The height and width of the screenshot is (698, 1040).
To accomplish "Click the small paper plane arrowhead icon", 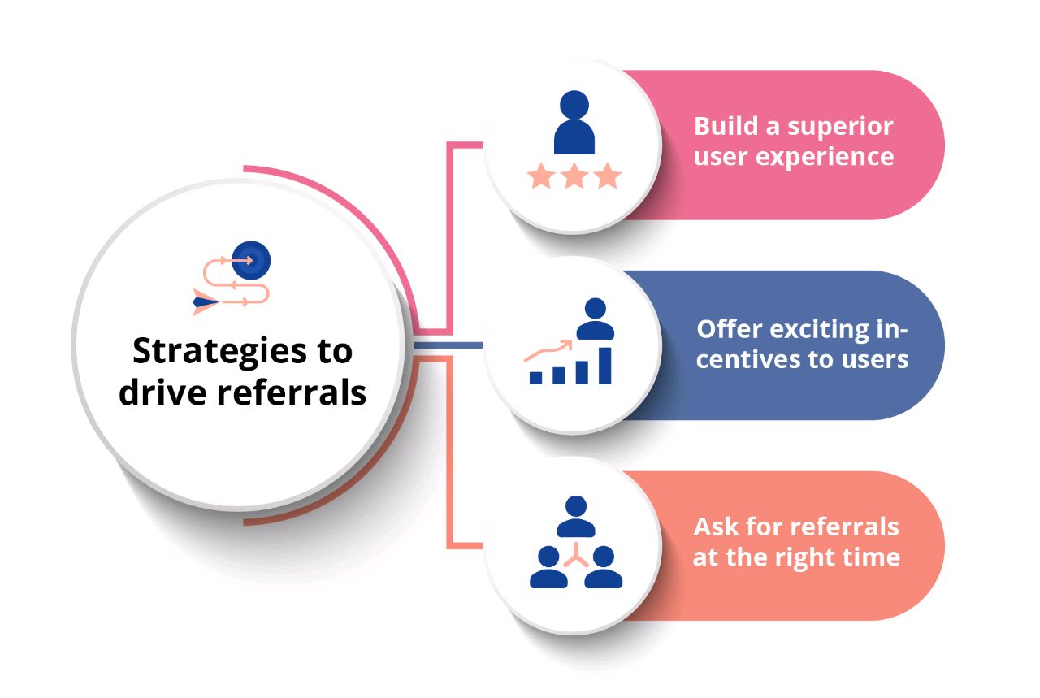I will point(204,301).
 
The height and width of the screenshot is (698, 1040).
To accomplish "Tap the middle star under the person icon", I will point(574,176).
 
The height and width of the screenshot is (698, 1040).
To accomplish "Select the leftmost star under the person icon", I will point(540,176).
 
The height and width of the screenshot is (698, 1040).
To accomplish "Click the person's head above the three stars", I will point(574,104).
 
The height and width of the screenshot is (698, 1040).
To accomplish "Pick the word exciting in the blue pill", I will point(817,330).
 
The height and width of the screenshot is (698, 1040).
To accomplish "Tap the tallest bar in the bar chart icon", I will point(604,365).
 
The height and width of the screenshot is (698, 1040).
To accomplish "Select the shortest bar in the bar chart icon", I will point(536,377).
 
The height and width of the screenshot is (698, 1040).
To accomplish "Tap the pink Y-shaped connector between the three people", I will point(576,555).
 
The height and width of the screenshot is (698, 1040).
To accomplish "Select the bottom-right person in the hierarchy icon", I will point(603,566).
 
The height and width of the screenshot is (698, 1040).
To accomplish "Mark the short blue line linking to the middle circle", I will point(447,346).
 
